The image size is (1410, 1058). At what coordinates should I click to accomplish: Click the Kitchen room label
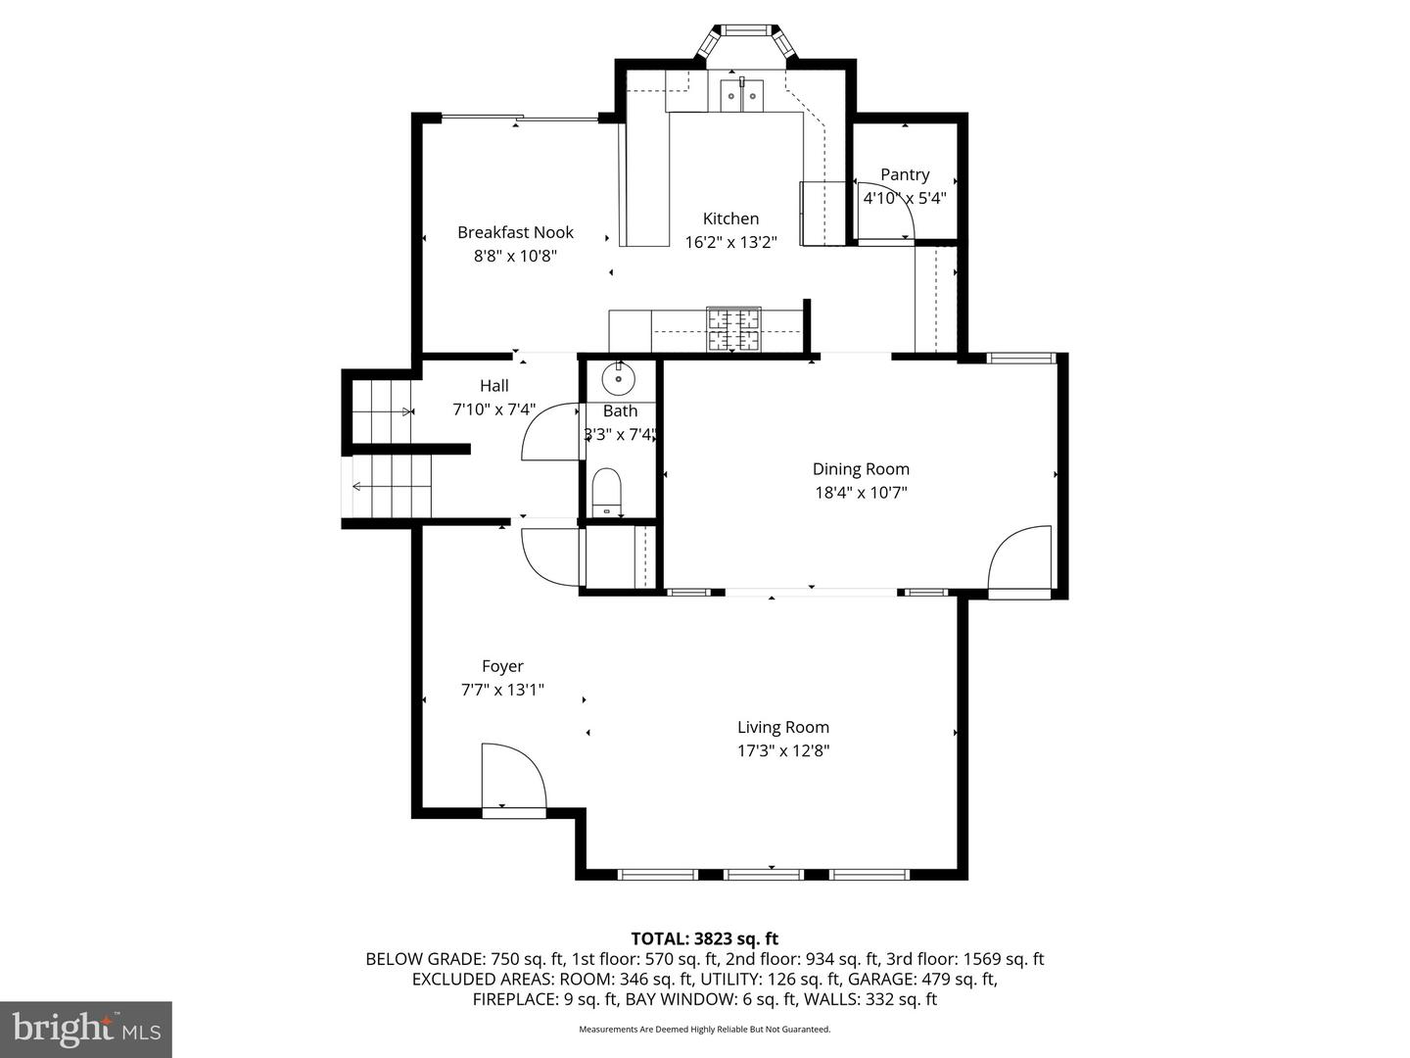click(730, 218)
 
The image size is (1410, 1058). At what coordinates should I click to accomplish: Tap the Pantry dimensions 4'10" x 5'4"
click(904, 198)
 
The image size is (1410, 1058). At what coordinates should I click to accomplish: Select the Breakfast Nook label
click(515, 232)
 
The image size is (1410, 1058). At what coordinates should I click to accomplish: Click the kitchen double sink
click(742, 95)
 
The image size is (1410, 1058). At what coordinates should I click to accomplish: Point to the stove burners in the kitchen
click(734, 329)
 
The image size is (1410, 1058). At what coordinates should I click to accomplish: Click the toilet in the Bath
click(607, 491)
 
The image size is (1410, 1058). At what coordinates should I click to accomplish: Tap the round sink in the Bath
click(619, 376)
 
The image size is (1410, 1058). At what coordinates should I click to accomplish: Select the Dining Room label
click(861, 469)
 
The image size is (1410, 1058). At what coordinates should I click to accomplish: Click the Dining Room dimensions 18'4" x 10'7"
click(861, 493)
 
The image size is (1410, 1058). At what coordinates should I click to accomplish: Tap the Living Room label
click(782, 727)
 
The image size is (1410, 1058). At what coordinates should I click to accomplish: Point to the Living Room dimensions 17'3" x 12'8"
click(782, 751)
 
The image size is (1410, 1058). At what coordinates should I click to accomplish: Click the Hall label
click(493, 386)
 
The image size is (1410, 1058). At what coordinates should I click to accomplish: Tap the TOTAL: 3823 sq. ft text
click(704, 938)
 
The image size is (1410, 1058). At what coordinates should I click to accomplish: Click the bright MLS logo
click(86, 1029)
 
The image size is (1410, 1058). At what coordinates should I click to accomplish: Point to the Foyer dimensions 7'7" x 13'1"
click(502, 690)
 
